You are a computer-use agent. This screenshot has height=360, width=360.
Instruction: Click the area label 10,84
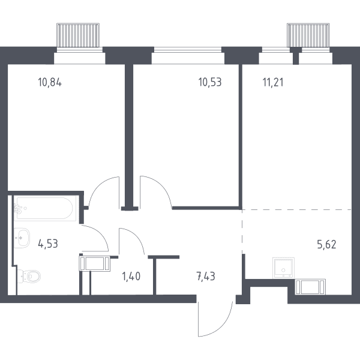[50, 82]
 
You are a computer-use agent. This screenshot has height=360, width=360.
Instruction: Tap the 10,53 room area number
[210, 82]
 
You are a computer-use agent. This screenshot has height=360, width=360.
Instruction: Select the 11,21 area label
[273, 82]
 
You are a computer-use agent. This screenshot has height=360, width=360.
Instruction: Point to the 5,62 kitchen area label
[327, 244]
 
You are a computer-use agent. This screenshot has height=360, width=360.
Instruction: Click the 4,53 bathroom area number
[48, 244]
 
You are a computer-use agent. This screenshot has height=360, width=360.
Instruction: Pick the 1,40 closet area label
[131, 276]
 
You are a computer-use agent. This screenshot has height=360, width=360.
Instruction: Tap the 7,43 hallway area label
[206, 276]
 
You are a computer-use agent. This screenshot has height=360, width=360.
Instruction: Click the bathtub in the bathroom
[45, 208]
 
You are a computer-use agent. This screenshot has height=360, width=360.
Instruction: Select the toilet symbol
[29, 276]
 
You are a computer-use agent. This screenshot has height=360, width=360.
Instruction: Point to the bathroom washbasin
[22, 238]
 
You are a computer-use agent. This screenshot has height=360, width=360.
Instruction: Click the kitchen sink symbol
[284, 268]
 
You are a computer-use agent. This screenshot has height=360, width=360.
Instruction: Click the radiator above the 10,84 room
[78, 35]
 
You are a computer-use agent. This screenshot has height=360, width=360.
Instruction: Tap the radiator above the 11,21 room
[308, 35]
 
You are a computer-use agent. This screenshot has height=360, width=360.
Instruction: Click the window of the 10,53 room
[188, 49]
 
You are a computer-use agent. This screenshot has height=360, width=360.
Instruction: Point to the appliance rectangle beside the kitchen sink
[310, 287]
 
